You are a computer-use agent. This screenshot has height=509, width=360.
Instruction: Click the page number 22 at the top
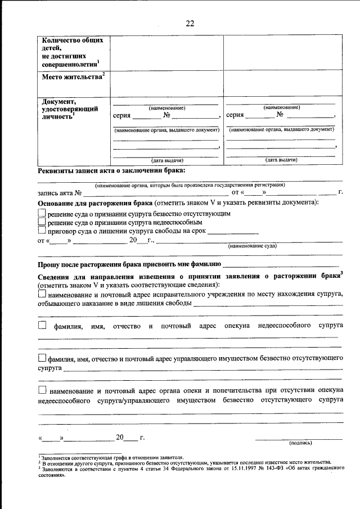pos(190,24)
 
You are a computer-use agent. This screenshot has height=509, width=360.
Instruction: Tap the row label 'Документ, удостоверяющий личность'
pos(67,109)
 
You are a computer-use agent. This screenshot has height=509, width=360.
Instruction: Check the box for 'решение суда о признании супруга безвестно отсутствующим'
pos(42,213)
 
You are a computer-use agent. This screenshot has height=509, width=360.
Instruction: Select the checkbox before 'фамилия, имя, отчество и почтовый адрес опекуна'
pos(42,325)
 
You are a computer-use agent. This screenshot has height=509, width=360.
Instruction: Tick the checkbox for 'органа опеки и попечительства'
pos(42,390)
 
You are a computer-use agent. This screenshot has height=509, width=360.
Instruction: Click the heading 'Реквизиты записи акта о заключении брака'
pos(111,170)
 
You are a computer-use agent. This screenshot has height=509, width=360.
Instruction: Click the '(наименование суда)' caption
pos(252,246)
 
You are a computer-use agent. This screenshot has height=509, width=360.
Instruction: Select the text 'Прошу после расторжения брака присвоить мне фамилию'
pos(129,263)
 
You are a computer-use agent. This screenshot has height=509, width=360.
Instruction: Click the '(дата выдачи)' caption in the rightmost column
pos(281,160)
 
